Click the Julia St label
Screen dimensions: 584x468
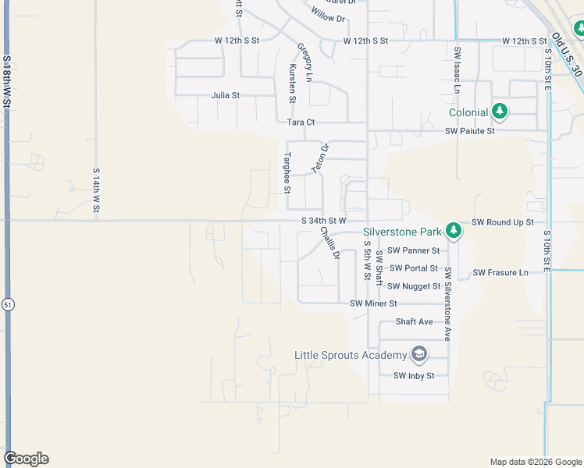click(x=225, y=95)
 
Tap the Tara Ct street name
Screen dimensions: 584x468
click(x=301, y=122)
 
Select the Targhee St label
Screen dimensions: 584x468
click(x=287, y=173)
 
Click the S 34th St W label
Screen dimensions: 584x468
click(x=323, y=221)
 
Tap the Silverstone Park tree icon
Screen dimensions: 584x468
click(x=453, y=231)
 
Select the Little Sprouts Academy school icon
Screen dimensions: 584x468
click(x=419, y=356)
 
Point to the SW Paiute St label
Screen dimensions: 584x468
click(x=470, y=131)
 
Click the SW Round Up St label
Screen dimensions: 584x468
click(x=503, y=222)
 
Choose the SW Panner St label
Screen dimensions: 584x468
click(x=414, y=250)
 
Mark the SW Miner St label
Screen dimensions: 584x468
click(x=374, y=303)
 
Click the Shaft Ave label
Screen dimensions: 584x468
click(x=414, y=321)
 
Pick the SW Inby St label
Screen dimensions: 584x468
click(x=414, y=375)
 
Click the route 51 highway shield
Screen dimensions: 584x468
click(x=7, y=303)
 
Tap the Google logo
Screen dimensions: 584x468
click(x=26, y=459)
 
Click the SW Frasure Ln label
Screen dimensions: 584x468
click(x=500, y=272)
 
